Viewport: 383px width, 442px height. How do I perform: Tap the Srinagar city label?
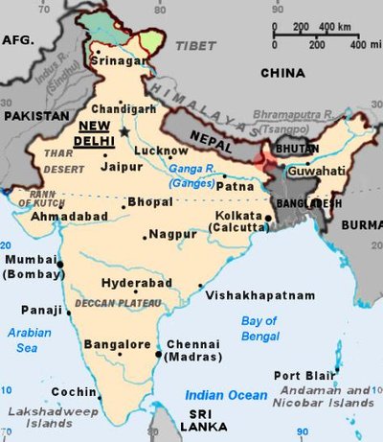pyautogui.click(x=119, y=61)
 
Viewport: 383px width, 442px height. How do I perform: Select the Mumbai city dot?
pyautogui.click(x=60, y=264)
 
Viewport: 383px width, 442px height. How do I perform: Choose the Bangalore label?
pyautogui.click(x=118, y=344)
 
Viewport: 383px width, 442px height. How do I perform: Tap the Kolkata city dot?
pyautogui.click(x=269, y=218)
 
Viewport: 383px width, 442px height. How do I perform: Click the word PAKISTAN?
pyautogui.click(x=33, y=115)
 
